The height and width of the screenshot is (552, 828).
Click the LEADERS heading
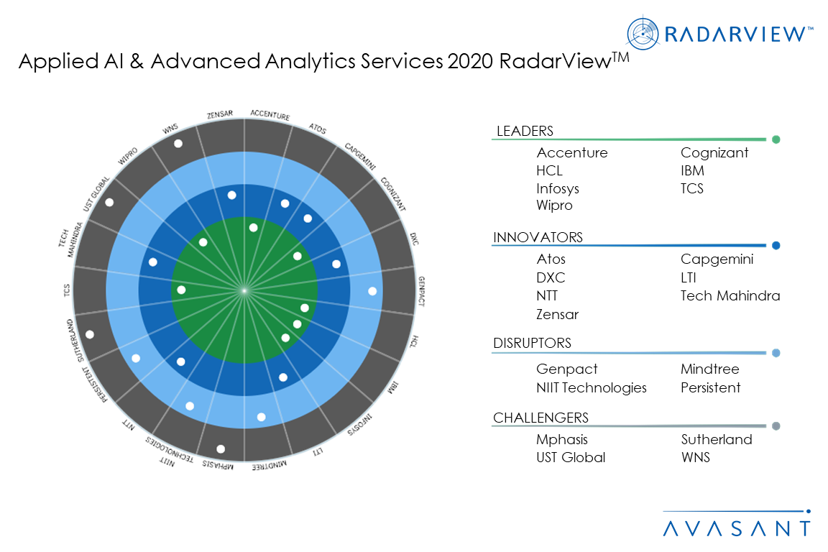point(525,131)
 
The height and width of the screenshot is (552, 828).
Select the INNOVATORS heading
point(538,237)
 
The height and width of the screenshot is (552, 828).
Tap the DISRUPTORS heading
point(532,343)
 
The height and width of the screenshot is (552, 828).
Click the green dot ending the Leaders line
point(776,139)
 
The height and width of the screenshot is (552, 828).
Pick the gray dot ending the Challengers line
point(776,426)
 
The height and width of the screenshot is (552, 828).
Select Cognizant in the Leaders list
point(714,152)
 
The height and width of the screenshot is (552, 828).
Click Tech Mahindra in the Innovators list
point(730,295)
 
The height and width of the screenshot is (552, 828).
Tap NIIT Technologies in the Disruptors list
point(591,387)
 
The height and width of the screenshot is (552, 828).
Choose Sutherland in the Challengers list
point(717,439)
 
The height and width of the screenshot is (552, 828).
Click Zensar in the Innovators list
point(557,314)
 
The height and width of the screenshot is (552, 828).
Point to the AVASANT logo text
point(736,528)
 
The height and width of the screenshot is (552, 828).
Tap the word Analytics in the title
point(336,63)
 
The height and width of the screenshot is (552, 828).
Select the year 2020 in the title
point(469,63)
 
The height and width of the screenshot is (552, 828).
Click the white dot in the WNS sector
point(178,144)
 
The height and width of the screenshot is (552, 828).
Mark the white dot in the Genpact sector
point(372,291)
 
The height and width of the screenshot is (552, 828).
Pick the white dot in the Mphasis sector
point(221,449)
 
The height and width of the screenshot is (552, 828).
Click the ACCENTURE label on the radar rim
point(270,116)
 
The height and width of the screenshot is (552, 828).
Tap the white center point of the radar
point(244,290)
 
